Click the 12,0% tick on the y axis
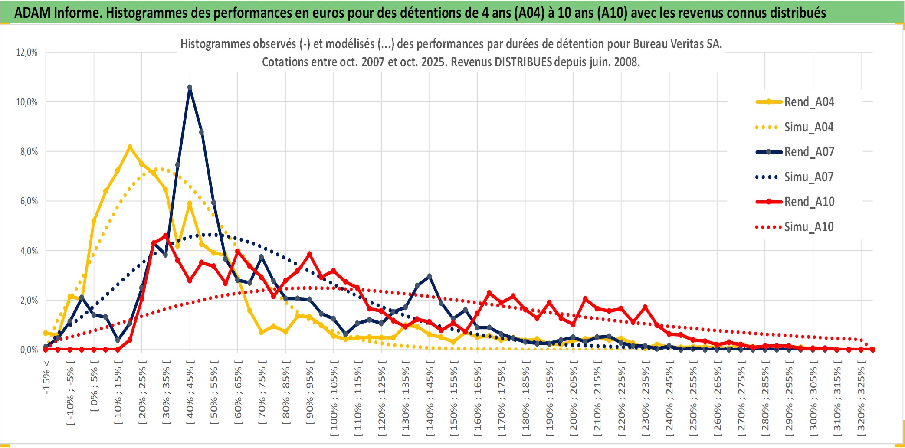click(x=27, y=52)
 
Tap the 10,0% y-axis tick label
click(x=27, y=102)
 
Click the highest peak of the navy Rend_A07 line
click(x=190, y=88)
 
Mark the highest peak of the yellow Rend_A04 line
click(x=130, y=147)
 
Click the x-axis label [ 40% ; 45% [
click(x=190, y=395)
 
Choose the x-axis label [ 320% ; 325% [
click(x=861, y=399)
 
